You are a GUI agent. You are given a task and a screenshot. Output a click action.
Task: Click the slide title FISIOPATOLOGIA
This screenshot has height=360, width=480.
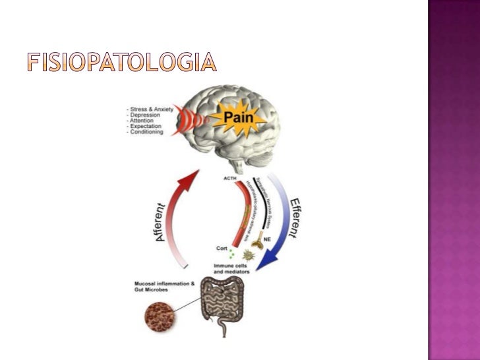click(x=121, y=63)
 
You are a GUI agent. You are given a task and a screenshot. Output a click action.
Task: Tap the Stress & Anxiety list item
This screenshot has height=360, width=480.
click(x=149, y=109)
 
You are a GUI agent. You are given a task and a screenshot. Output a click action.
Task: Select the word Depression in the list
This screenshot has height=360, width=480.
click(x=146, y=115)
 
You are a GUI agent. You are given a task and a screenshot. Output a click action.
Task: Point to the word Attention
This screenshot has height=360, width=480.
click(x=144, y=121)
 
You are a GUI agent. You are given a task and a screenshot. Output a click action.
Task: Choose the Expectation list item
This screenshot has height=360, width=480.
click(x=146, y=126)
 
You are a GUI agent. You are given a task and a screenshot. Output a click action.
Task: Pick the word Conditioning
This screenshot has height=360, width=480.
click(x=147, y=132)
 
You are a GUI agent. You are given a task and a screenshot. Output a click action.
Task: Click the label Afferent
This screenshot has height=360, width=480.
click(x=167, y=220)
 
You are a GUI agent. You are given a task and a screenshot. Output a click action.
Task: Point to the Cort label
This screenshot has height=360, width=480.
click(x=222, y=248)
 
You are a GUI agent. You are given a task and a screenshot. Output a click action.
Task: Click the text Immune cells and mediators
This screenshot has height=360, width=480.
click(x=231, y=267)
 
